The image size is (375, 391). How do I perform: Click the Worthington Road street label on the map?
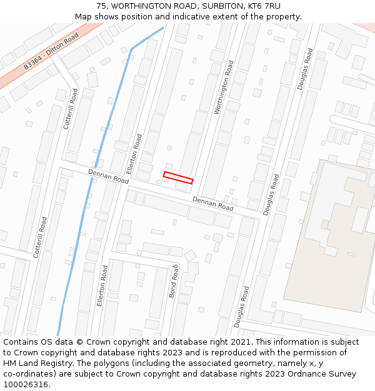(x=223, y=87)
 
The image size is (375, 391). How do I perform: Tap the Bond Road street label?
(x=174, y=281)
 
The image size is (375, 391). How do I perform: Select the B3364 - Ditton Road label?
(x=51, y=51)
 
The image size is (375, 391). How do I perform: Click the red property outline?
(x=178, y=177)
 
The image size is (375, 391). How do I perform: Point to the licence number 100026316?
(x=26, y=385)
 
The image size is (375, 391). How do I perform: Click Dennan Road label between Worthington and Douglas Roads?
(x=212, y=203)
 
